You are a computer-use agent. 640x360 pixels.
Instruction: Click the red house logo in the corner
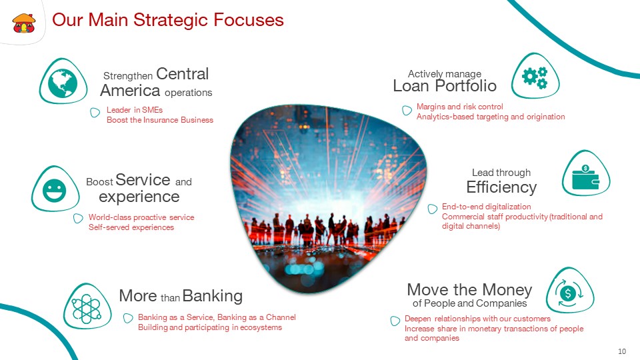pos(24,23)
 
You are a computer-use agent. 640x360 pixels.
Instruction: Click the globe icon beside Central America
pos(63,83)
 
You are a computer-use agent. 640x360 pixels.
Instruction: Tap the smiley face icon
pos(54,191)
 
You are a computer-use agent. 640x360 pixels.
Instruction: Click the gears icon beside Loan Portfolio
pos(535,77)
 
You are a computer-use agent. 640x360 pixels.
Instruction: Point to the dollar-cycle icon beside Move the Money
pos(568,293)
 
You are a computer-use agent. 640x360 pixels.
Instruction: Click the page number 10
pos(622,351)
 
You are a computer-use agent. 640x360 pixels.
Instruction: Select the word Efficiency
pos(501,187)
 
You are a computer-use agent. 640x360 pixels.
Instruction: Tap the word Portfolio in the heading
pos(465,86)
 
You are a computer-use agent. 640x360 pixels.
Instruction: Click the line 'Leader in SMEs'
pos(135,110)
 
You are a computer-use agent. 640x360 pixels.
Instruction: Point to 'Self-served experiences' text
pos(131,227)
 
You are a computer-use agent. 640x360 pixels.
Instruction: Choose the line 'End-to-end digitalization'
pos(487,207)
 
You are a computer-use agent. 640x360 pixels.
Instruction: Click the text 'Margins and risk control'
pos(459,107)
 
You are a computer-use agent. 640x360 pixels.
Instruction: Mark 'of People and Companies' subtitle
pos(469,303)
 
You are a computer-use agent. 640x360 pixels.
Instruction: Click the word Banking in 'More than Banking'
pos(212,295)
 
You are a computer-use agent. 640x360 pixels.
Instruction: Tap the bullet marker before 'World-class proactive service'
pos(78,218)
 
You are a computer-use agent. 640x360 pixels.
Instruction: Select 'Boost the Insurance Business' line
pos(160,120)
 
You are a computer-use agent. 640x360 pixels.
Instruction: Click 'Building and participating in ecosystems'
pos(210,327)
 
